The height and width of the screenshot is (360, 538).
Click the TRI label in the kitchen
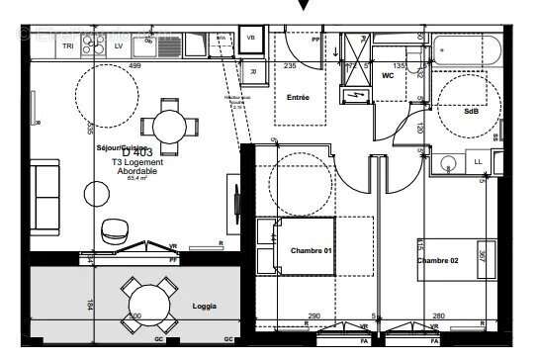[68, 46]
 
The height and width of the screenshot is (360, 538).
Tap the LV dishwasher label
[119, 46]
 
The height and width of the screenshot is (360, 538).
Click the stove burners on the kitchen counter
[94, 45]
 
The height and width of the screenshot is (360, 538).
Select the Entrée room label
[298, 98]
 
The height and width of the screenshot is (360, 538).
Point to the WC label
[388, 75]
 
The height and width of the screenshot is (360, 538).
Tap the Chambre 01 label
[310, 251]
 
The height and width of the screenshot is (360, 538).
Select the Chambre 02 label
[437, 260]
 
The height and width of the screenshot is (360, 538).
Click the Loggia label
[206, 306]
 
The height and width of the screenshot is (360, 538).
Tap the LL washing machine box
[480, 161]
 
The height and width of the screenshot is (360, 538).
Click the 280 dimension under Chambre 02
[439, 316]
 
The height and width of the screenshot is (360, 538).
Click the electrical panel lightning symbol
[355, 95]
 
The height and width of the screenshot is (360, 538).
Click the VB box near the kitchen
[250, 39]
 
